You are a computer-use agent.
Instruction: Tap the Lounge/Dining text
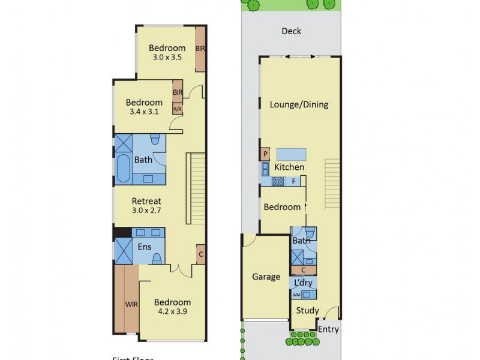pyautogui.click(x=299, y=104)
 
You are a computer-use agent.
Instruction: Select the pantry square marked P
pyautogui.click(x=265, y=155)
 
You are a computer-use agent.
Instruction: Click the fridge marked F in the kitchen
pyautogui.click(x=294, y=181)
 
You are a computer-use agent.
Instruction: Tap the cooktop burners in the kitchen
pyautogui.click(x=278, y=181)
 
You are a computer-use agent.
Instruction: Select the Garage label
pyautogui.click(x=266, y=277)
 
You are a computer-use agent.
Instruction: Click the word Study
pyautogui.click(x=307, y=311)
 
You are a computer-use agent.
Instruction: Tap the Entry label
pyautogui.click(x=328, y=329)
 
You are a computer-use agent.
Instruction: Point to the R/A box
pyautogui.click(x=178, y=109)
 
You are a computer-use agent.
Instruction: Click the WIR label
pyautogui.click(x=131, y=304)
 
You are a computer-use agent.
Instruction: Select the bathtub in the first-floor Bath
pyautogui.click(x=122, y=170)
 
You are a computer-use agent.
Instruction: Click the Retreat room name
pyautogui.click(x=146, y=201)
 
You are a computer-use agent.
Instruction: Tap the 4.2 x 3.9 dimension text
pyautogui.click(x=172, y=312)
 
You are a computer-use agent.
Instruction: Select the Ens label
pyautogui.click(x=145, y=247)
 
